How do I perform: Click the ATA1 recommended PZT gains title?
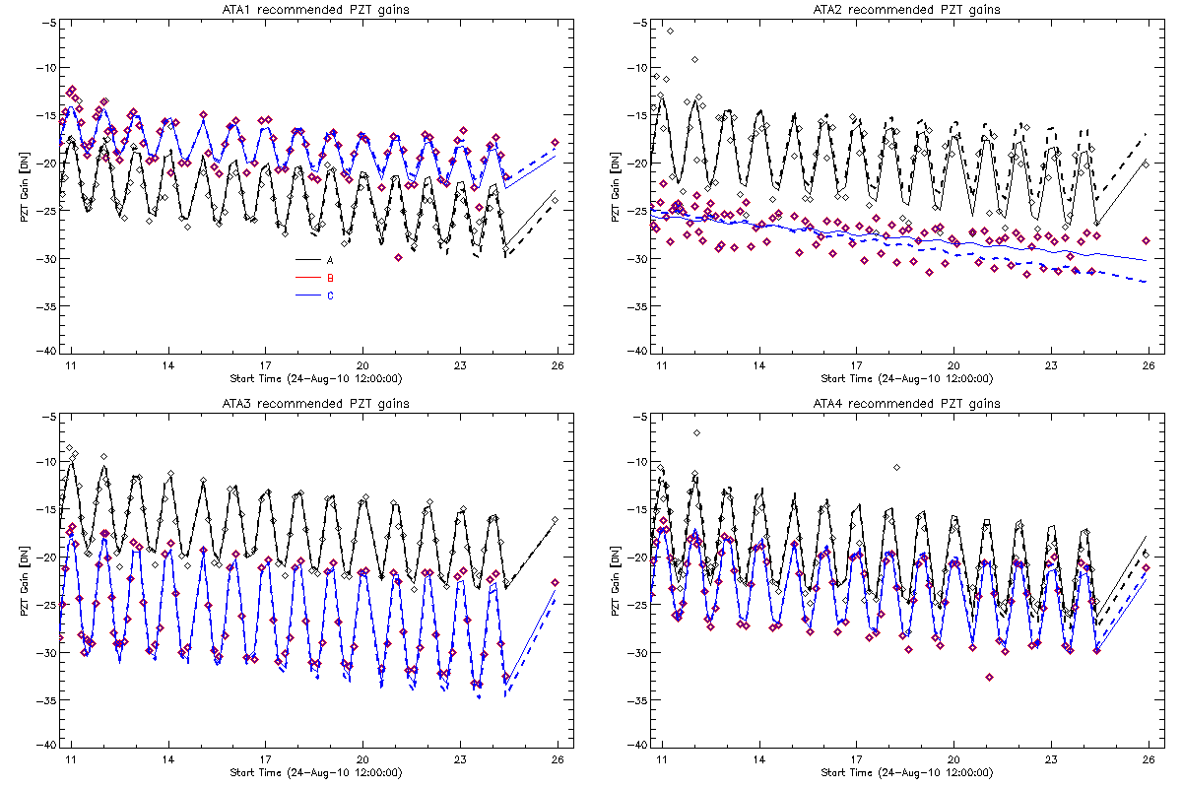pyautogui.click(x=314, y=10)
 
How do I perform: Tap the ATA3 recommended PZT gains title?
pyautogui.click(x=314, y=404)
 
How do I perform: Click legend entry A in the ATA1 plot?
pyautogui.click(x=330, y=259)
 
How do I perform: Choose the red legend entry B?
pyautogui.click(x=330, y=278)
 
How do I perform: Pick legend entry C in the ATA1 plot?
pyautogui.click(x=330, y=295)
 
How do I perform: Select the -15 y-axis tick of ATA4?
pyautogui.click(x=636, y=509)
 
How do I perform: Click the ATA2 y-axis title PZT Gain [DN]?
pyautogui.click(x=616, y=187)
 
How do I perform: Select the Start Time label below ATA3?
pyautogui.click(x=314, y=771)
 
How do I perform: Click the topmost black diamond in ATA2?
pyautogui.click(x=671, y=32)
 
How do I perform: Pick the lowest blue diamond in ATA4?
pyautogui.click(x=989, y=677)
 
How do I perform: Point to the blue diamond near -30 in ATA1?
pyautogui.click(x=398, y=257)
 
